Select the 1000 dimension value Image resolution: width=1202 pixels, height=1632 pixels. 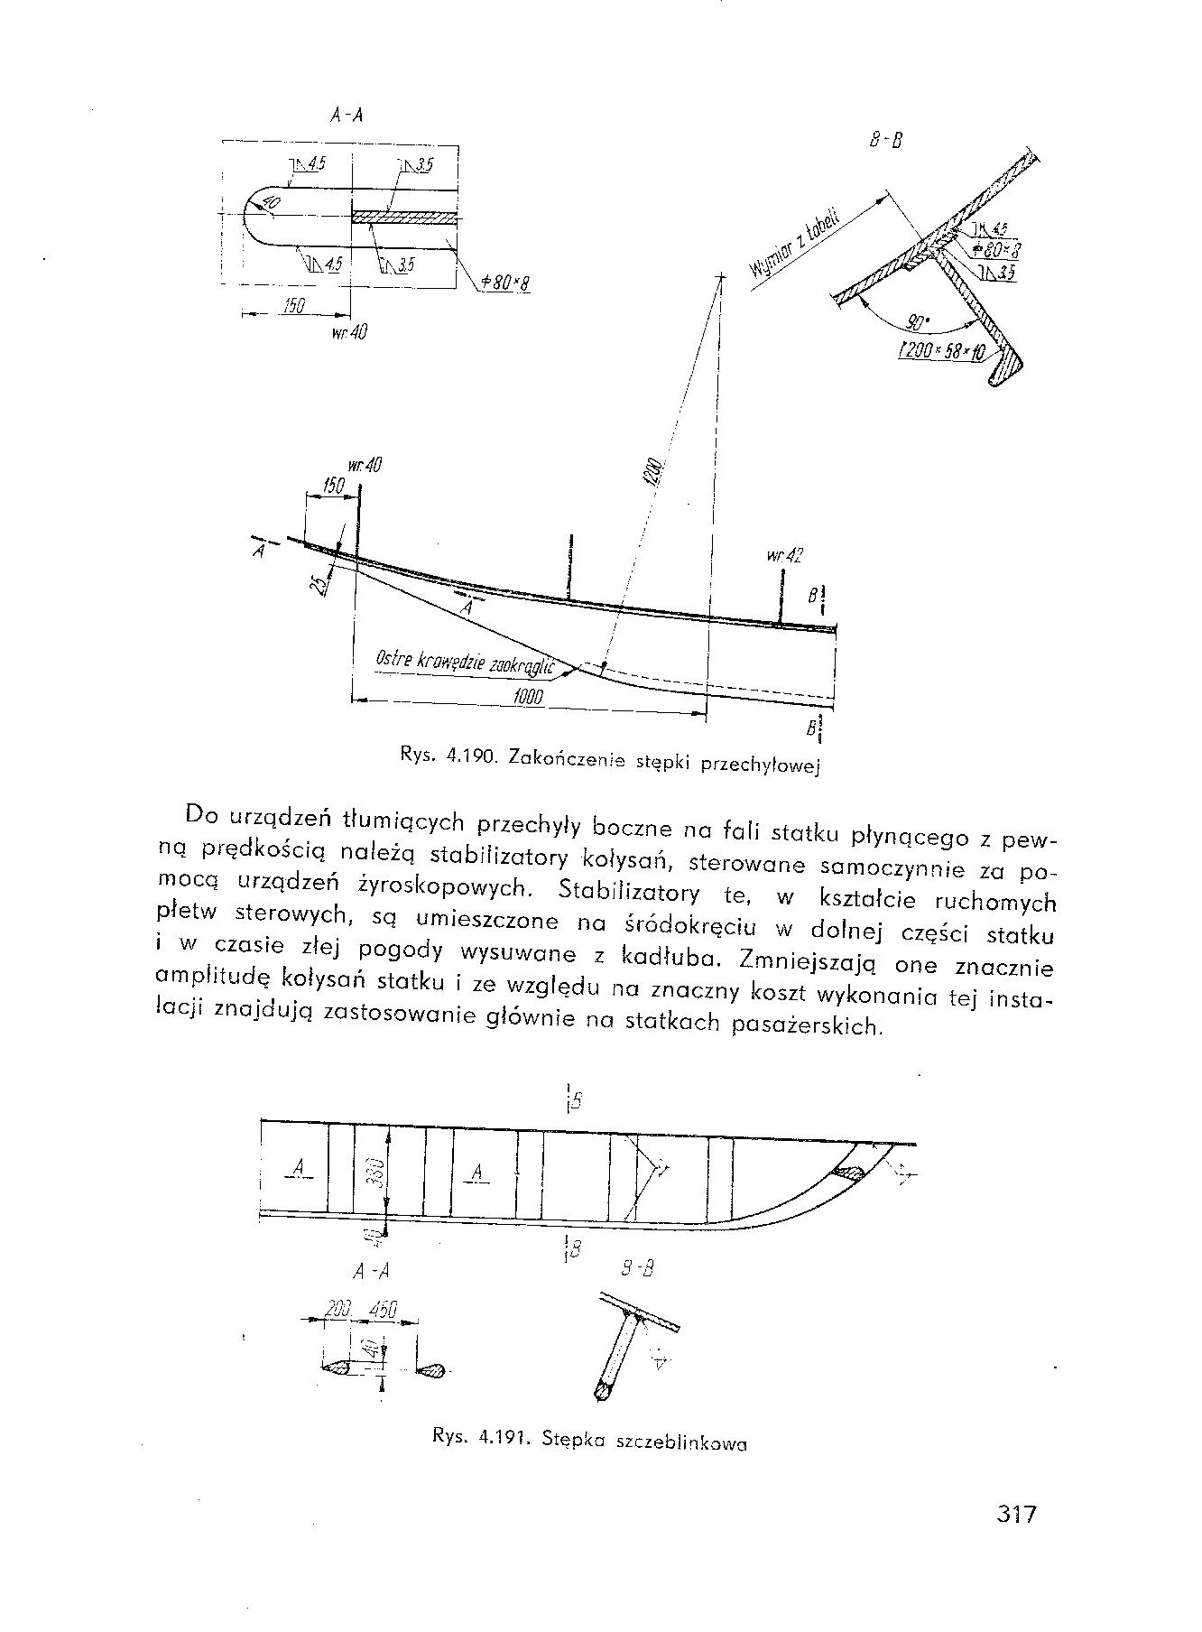tap(527, 696)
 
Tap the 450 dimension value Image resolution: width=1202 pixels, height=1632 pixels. tap(380, 1311)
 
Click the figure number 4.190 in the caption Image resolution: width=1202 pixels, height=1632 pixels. tap(472, 756)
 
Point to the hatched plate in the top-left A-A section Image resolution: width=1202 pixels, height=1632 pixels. tap(404, 218)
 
